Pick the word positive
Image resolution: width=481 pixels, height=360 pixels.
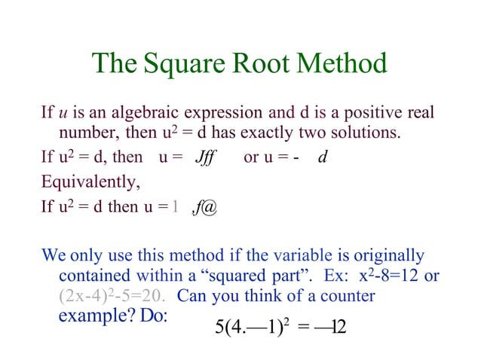pos(369,114)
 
